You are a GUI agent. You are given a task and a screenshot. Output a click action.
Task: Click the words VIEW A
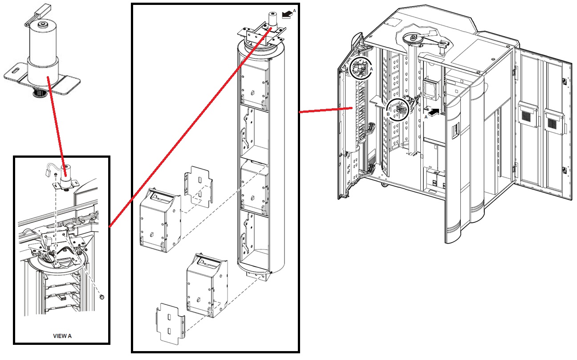[62, 336]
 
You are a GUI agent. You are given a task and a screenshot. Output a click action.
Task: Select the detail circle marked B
[397, 110]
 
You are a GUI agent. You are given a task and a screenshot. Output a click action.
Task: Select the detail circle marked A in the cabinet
[362, 68]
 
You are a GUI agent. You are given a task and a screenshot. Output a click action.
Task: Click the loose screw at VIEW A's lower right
[102, 297]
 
